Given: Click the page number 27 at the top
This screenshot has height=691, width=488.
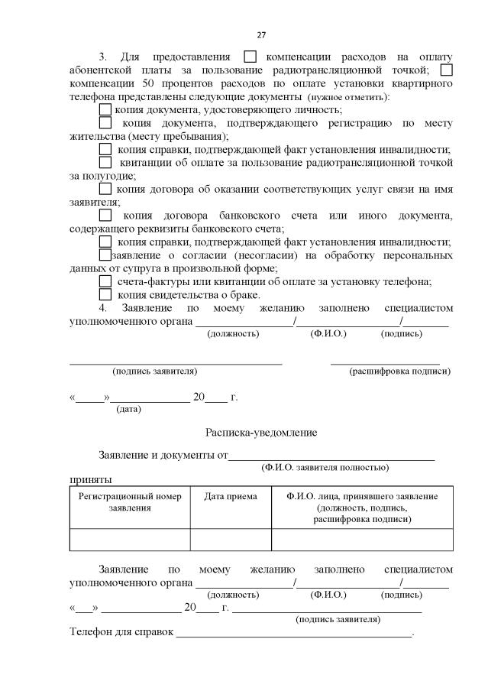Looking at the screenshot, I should point(261,35).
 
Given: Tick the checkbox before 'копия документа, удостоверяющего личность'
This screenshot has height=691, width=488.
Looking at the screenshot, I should point(105,109).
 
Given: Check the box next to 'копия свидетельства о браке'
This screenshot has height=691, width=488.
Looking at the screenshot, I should point(105,295).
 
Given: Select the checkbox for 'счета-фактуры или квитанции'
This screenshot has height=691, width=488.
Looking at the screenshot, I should point(105,281).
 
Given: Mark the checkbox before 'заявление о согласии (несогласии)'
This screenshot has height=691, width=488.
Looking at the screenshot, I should point(105,255).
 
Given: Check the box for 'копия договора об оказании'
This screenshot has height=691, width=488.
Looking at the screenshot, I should point(105,189).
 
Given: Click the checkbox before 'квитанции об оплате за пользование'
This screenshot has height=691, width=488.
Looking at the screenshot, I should point(105,162).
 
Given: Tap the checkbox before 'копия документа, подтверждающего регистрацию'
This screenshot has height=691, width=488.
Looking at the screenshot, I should point(105,122).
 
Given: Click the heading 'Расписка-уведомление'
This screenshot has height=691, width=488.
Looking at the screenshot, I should point(261,432).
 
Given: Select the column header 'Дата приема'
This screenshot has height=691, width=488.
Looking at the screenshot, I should point(231,497).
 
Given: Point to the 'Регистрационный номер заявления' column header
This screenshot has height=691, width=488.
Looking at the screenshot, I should point(130,501).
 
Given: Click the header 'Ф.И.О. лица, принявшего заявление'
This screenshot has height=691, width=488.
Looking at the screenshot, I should point(362,507).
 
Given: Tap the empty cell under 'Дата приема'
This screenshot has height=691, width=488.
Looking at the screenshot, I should point(231,540).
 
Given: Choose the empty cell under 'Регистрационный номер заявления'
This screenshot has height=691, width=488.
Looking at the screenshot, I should point(130,540).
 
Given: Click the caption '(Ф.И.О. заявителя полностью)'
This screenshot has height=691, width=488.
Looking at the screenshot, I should point(325,467).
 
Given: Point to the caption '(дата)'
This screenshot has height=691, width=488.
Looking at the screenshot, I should point(128,410).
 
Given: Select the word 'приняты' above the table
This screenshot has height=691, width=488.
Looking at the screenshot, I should point(91,479).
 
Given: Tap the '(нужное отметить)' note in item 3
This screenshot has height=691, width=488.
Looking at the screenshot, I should point(347,97).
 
